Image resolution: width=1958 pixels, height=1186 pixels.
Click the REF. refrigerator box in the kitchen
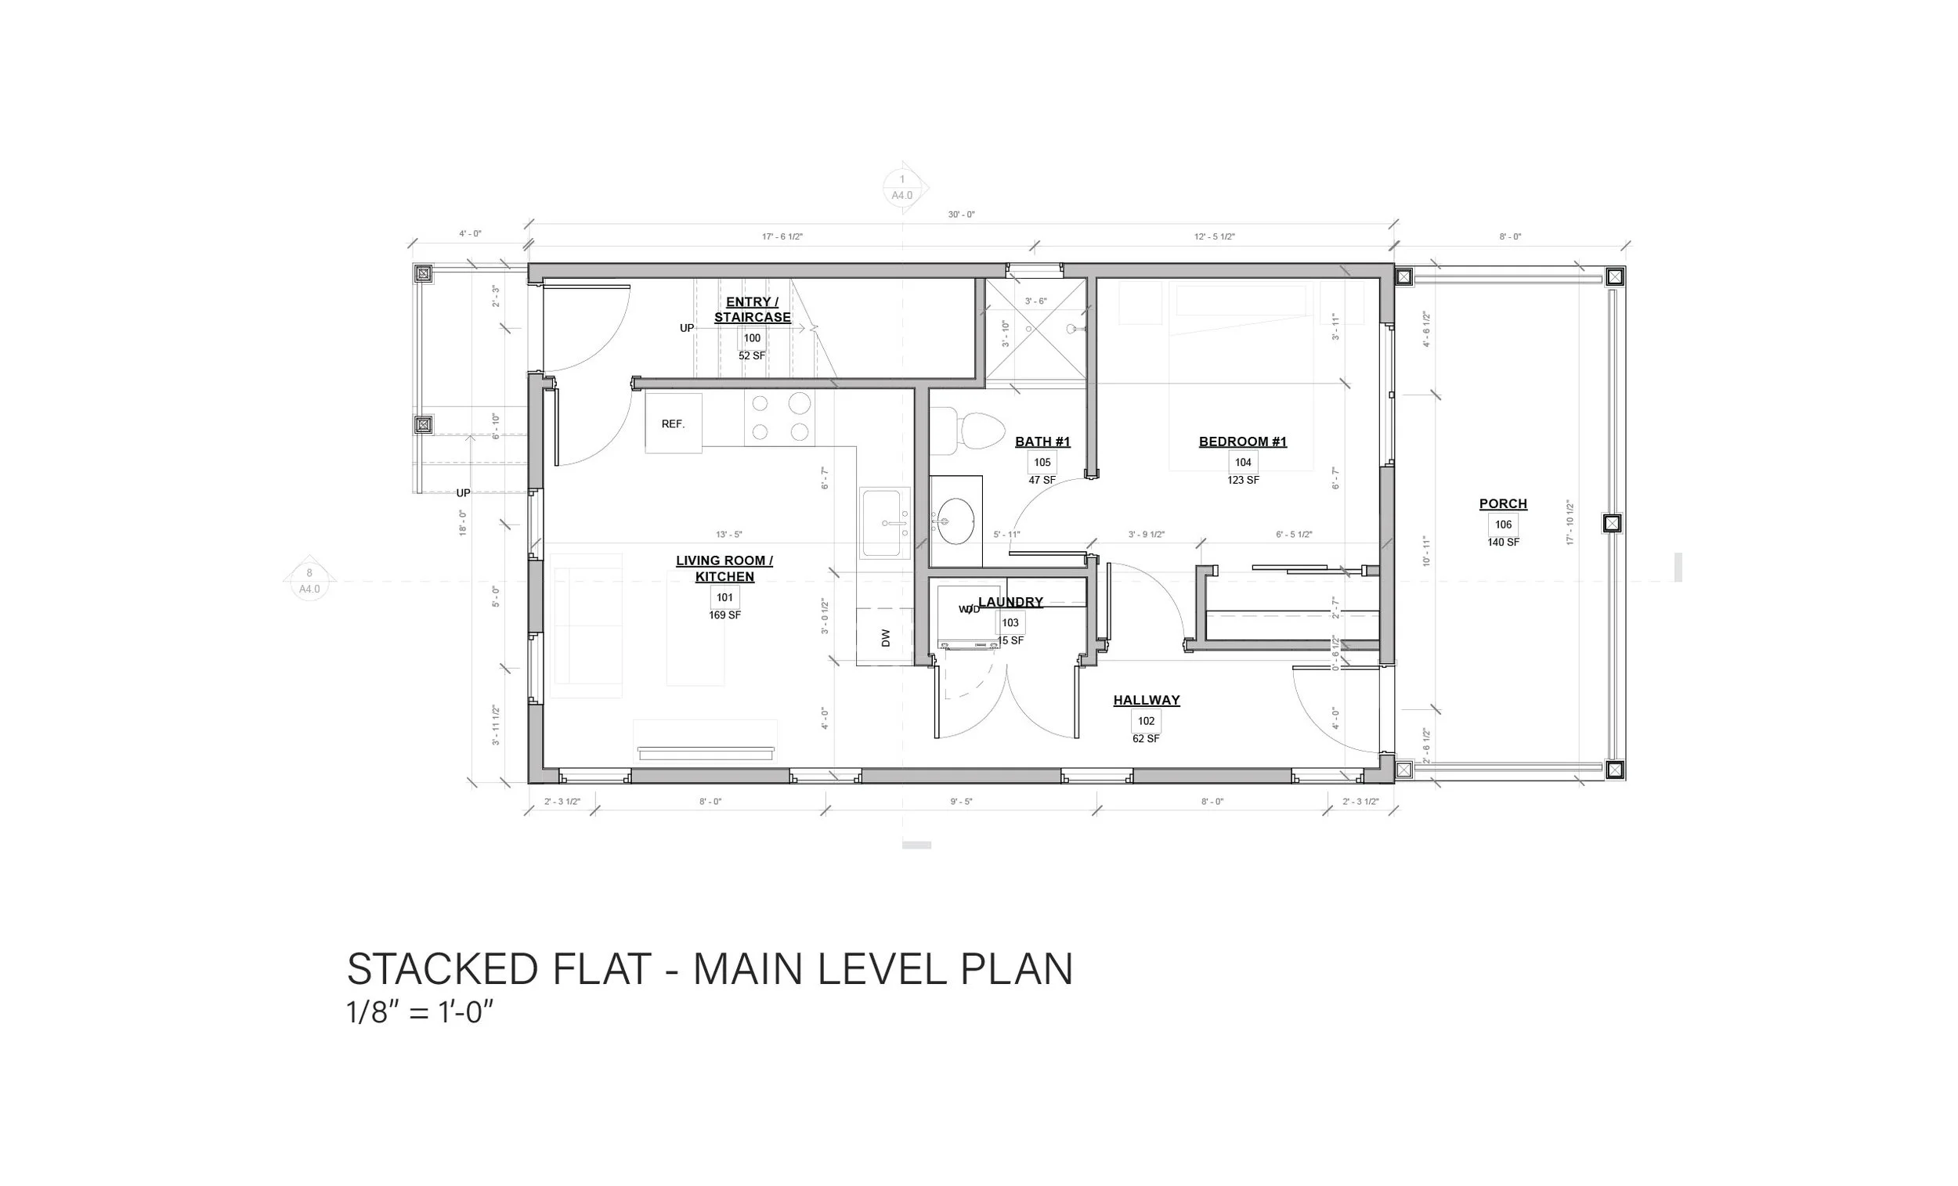[673, 424]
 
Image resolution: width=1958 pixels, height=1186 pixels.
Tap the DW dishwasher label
[886, 637]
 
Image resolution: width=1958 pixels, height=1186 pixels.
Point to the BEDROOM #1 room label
[1242, 442]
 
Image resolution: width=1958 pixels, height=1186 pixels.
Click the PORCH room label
[1503, 503]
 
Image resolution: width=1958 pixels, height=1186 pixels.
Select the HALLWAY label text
[1146, 700]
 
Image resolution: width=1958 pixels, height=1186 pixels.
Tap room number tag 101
[724, 597]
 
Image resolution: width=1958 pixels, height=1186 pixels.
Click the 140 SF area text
[1503, 543]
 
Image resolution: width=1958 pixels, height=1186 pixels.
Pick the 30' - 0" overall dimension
[961, 214]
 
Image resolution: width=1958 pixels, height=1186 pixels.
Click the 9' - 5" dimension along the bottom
[961, 802]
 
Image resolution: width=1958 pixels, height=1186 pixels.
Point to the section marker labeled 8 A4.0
[309, 581]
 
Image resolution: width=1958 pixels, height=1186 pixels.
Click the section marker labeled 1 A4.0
[902, 188]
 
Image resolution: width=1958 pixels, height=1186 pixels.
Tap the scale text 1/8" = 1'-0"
[421, 1013]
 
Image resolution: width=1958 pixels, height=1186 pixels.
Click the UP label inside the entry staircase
[687, 328]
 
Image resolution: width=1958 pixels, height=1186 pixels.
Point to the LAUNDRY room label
[1010, 602]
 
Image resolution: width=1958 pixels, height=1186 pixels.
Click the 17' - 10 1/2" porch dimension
[1570, 522]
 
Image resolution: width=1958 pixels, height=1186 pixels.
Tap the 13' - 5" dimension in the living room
[728, 535]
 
